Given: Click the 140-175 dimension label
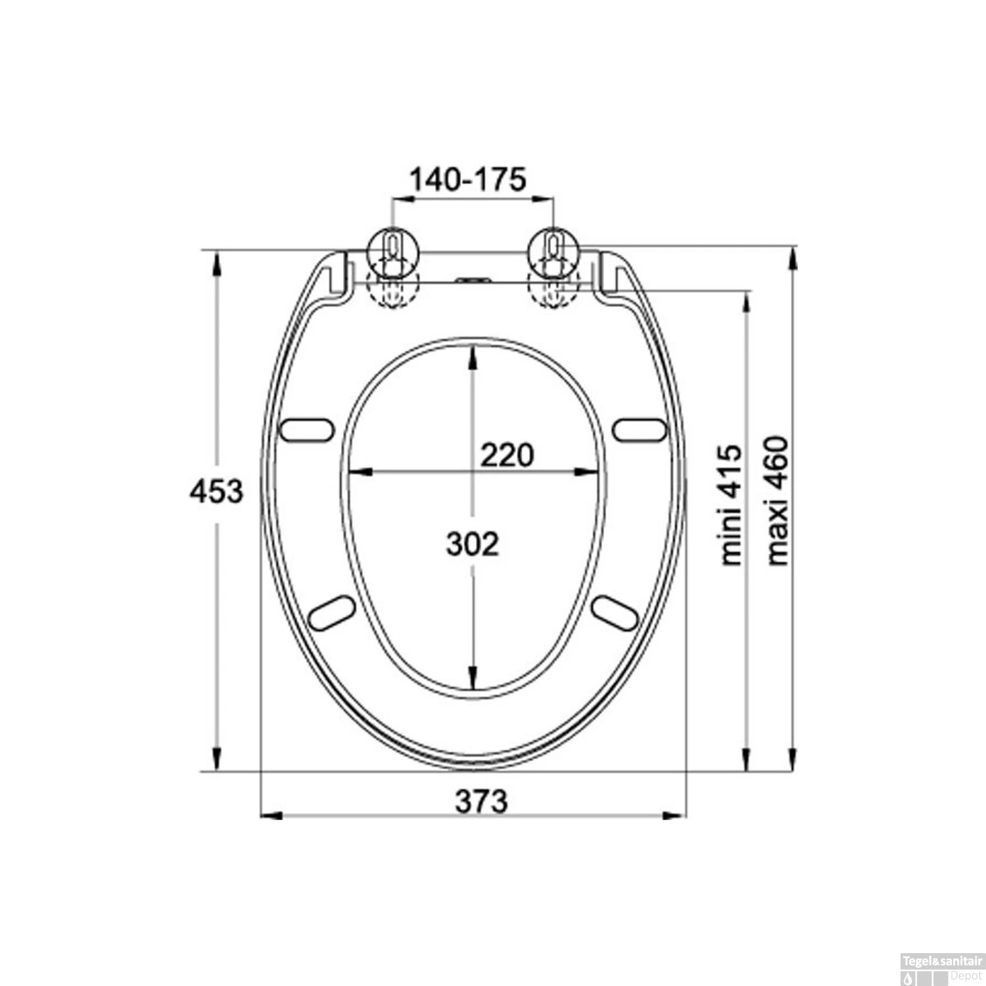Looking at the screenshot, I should (468, 179).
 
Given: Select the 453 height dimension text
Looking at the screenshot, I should (216, 491).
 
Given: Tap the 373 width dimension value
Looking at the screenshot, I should (482, 801).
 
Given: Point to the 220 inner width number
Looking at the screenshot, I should (507, 455).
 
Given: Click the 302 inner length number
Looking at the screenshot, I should (473, 544).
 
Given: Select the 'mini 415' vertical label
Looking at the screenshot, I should (731, 505).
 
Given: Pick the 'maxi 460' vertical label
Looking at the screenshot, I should (778, 500).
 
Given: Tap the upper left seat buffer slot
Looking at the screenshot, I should (307, 429).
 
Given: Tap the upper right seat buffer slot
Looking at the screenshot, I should (640, 429).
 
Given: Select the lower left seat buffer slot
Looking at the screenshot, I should (333, 613).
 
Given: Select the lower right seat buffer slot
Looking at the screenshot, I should (615, 613).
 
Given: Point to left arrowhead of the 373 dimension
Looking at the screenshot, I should (271, 816).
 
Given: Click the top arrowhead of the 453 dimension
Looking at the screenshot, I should (216, 260).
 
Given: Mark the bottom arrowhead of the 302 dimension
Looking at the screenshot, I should (472, 677).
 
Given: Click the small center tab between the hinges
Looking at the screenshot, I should (473, 281).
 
